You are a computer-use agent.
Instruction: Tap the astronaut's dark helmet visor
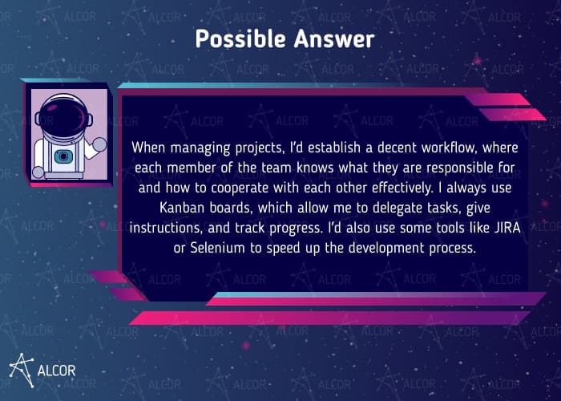60,113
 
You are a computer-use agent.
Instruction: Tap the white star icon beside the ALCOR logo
22,367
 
